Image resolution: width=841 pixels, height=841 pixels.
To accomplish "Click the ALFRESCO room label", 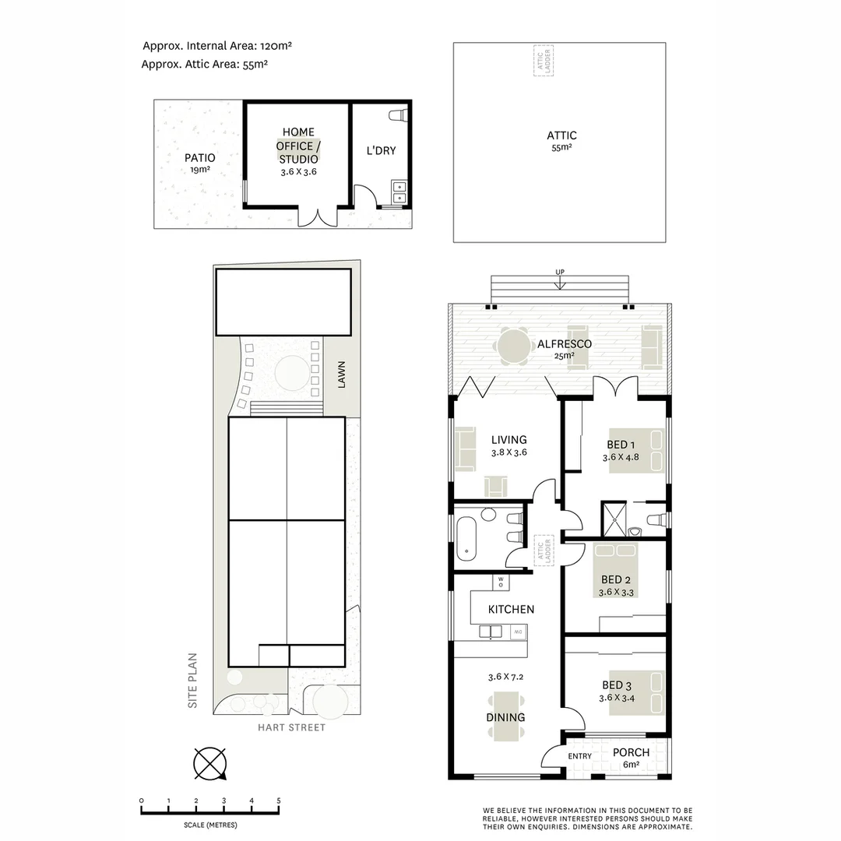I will pos(564,343).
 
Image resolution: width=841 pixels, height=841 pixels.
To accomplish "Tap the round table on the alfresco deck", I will pos(512,346).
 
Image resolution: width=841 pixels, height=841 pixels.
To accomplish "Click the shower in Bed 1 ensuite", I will pos(613,519).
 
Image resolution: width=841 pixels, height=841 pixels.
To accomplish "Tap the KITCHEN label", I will pos(511,609).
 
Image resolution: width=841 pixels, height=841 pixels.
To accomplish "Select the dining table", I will pos(506,717).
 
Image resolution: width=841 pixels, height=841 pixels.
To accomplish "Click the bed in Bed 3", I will pos(635,692).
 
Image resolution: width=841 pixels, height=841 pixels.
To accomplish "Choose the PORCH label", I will pos(631,752).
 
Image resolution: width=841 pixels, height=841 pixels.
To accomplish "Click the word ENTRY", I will pos(579,756).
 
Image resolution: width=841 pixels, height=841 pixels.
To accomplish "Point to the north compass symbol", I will pos(209,763).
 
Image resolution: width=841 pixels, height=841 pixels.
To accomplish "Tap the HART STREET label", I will pos(292,727).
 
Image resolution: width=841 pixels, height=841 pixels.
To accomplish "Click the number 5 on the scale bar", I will pos(278,801).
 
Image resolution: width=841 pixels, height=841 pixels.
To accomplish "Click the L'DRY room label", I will pos(381,150).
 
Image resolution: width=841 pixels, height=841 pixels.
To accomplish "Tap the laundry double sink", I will pos(399,192).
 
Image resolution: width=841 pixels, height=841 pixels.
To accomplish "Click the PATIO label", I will pos(200,157).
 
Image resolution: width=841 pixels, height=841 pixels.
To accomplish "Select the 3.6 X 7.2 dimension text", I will pos(505,676).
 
